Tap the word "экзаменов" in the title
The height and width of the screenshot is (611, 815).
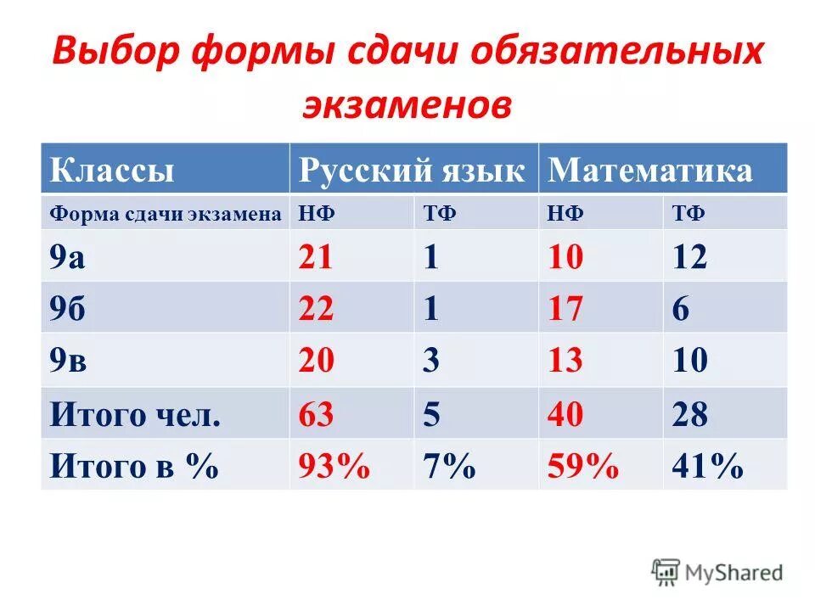click(407, 105)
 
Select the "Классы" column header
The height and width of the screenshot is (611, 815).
click(112, 171)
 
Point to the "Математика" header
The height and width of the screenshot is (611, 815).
click(650, 171)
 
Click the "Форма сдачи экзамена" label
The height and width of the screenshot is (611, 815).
click(165, 214)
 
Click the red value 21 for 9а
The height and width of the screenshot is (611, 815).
click(315, 257)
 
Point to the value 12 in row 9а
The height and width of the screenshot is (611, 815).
click(689, 257)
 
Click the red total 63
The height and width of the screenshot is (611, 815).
click(316, 414)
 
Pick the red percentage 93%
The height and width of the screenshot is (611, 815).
click(334, 466)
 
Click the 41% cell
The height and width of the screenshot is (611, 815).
click(707, 466)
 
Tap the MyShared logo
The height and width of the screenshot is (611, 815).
click(717, 571)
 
